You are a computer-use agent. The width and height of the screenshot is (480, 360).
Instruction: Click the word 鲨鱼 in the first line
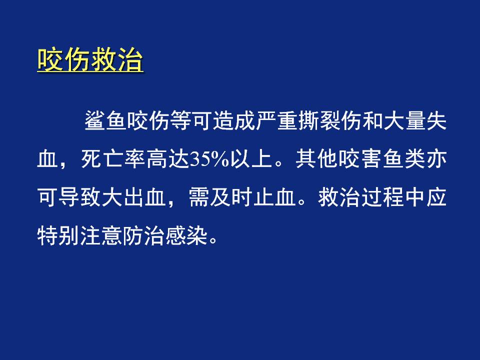105,120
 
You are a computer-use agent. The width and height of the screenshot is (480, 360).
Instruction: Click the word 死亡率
113,159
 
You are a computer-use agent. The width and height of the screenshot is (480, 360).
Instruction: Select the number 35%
209,159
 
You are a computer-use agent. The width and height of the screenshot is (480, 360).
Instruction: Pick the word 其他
316,159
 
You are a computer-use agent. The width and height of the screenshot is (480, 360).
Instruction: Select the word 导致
79,197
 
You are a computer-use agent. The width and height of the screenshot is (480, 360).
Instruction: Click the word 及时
230,197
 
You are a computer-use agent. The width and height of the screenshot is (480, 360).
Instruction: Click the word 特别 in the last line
58,236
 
